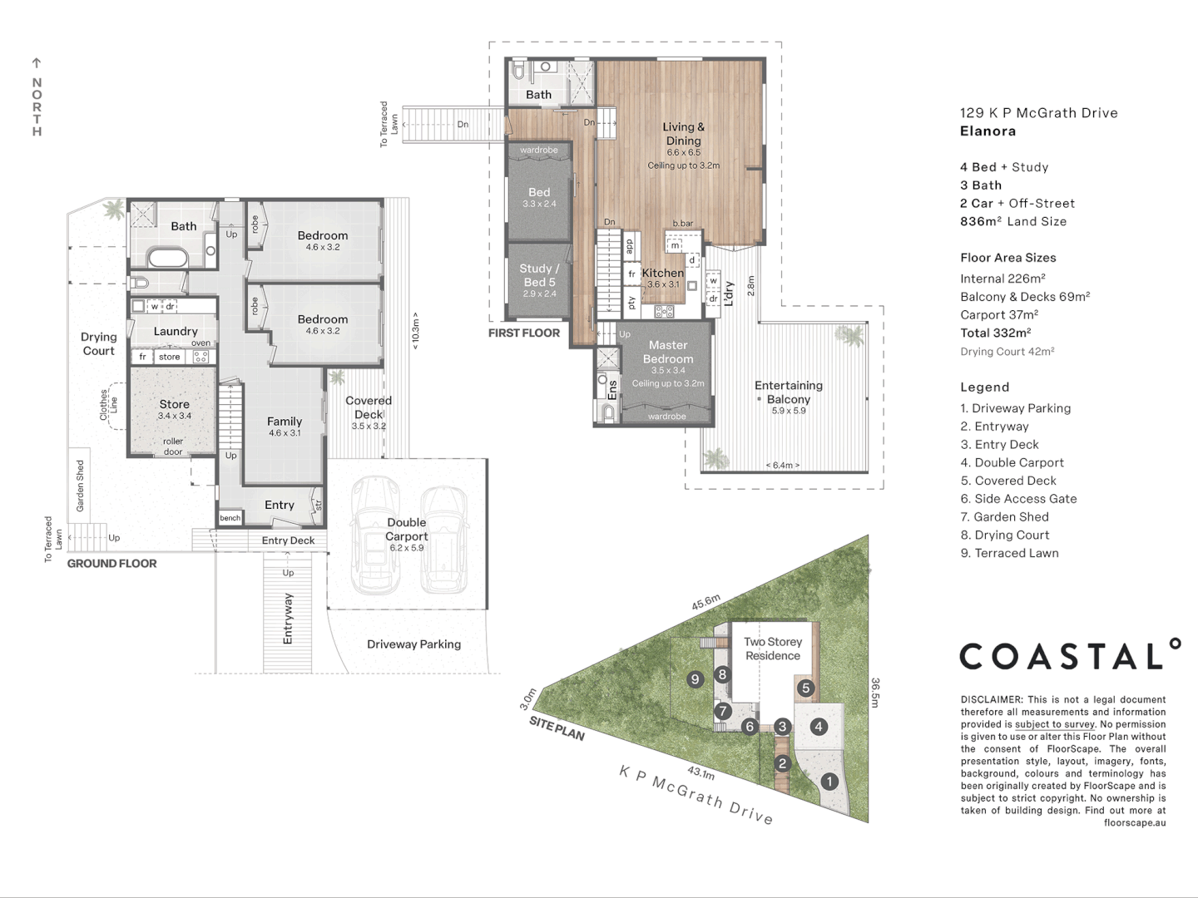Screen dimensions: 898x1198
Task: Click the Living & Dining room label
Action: pos(683,134)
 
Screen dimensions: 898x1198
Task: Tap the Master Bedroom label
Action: pos(668,352)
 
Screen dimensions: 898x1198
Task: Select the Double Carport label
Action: pos(406,529)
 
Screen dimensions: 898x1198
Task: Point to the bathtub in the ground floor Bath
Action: pos(169,257)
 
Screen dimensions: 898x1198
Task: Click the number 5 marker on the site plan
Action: pos(805,688)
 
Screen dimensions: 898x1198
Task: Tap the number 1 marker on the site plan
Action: pos(829,782)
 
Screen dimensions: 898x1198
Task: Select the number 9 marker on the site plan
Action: pos(696,679)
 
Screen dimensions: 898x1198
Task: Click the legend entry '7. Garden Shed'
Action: pos(1004,516)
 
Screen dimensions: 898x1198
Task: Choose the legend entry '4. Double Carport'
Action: pos(1012,462)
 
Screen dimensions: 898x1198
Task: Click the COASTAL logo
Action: pos(1069,656)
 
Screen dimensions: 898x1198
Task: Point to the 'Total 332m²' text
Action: pos(995,333)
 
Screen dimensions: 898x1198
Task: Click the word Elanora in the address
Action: pos(988,131)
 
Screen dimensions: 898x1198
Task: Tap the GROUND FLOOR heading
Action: pos(111,563)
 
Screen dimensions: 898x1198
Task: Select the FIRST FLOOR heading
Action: pos(524,333)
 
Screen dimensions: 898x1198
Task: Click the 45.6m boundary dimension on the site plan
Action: pos(705,602)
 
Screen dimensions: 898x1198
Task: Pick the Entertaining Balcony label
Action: pos(788,392)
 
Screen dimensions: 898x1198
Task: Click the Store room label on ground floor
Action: pos(174,404)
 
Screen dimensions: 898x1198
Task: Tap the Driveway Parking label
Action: pos(413,644)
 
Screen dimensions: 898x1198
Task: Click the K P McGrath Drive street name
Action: pos(696,795)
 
